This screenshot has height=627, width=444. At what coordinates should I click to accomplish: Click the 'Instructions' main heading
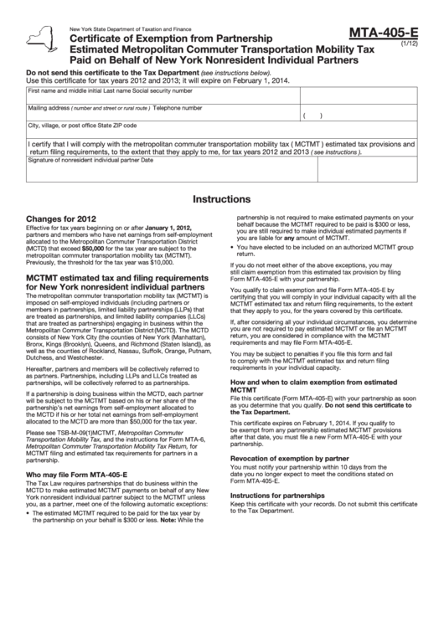(x=221, y=200)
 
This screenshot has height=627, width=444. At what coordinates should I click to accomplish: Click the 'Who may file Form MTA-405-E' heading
(x=76, y=474)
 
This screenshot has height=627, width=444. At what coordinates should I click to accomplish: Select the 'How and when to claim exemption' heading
(x=302, y=384)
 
